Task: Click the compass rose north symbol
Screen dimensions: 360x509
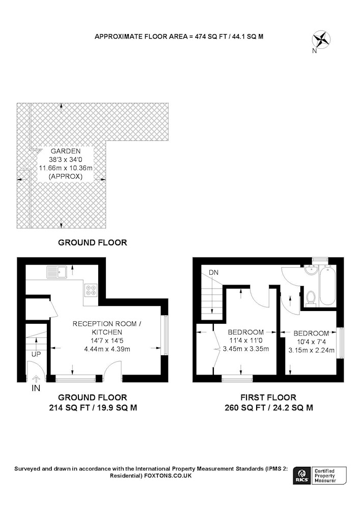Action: [321, 40]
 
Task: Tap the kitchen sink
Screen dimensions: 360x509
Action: [57, 272]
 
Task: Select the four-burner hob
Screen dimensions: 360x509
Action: [91, 290]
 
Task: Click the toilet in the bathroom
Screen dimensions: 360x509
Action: [311, 299]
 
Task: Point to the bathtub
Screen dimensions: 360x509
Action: [327, 285]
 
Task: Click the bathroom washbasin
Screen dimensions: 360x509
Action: [312, 270]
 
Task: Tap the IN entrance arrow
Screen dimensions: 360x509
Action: [36, 379]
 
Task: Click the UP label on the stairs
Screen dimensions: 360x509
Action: [36, 354]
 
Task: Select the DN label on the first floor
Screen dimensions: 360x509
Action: [213, 273]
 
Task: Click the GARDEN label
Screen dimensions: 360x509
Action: [66, 151]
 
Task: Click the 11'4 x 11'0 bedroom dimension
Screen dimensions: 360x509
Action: [245, 341]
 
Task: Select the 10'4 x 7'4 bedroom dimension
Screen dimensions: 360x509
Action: [311, 342]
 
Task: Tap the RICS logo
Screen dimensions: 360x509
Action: [301, 476]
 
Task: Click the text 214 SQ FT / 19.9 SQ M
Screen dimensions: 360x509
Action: [93, 408]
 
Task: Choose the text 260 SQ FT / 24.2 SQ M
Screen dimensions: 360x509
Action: [269, 408]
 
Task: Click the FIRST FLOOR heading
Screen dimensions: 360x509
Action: [268, 398]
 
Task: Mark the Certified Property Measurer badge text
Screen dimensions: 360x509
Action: [325, 476]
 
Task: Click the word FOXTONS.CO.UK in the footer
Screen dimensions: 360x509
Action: [168, 476]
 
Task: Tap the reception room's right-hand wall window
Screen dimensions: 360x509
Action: [165, 335]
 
